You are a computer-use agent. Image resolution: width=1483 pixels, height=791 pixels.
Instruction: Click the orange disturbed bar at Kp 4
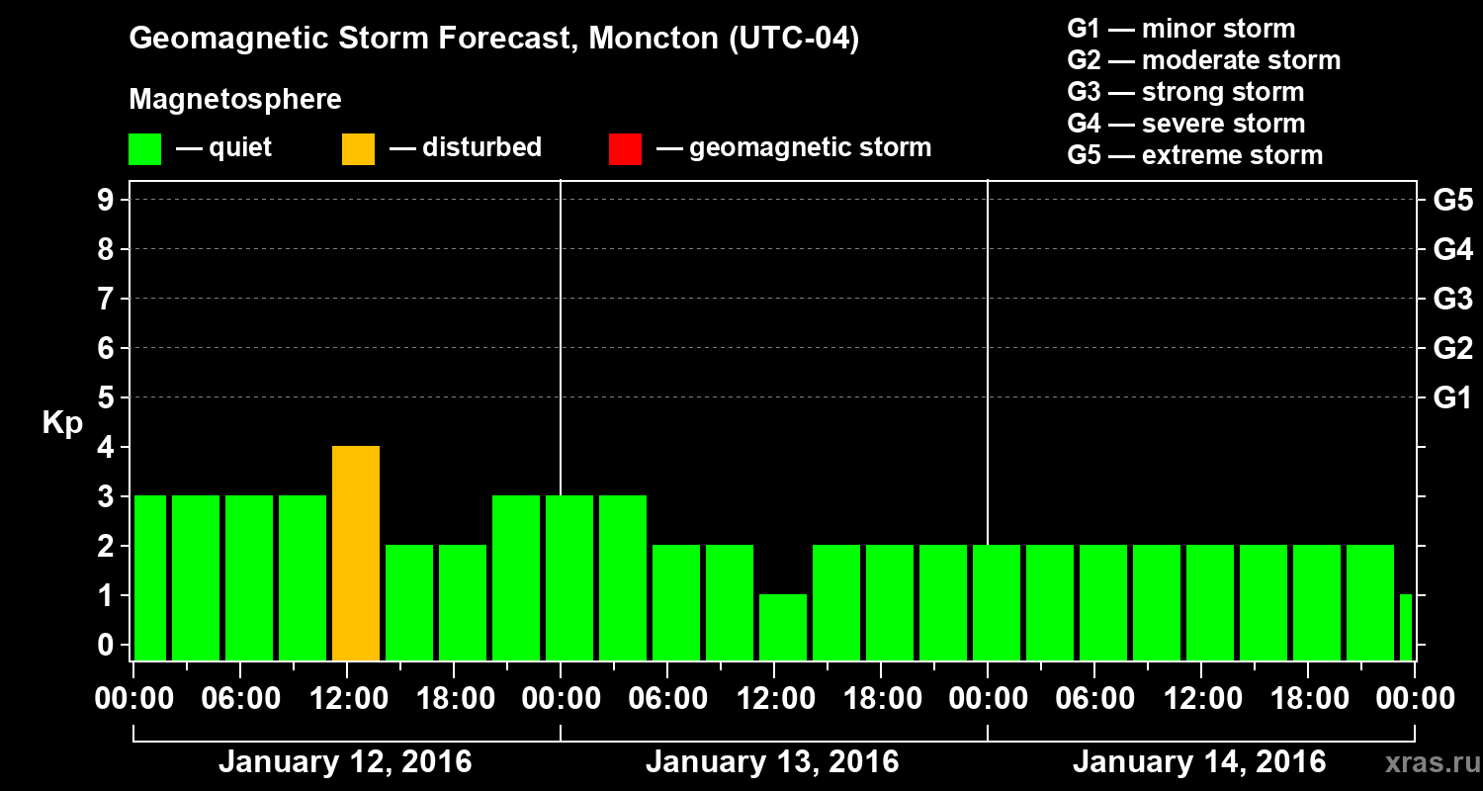click(356, 553)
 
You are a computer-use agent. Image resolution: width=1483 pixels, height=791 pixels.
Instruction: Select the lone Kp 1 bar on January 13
click(783, 627)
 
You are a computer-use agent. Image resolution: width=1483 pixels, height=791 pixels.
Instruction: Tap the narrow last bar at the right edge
click(1406, 627)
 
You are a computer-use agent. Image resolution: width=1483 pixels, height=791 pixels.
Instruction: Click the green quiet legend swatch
click(144, 148)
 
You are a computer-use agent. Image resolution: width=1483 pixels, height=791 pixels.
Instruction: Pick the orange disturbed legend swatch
click(358, 148)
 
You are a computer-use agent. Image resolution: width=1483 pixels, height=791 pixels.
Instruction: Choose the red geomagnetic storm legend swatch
click(625, 148)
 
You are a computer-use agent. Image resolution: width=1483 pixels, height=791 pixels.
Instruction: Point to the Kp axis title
click(62, 423)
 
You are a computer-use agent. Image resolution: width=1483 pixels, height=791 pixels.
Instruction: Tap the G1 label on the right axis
click(1452, 398)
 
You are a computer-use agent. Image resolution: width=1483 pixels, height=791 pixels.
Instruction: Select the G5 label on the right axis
click(1452, 201)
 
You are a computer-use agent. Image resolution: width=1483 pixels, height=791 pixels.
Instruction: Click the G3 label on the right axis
click(1452, 299)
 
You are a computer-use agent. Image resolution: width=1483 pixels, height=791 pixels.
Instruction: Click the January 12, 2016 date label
click(345, 762)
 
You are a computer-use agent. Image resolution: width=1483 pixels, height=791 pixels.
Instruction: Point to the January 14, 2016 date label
click(1199, 762)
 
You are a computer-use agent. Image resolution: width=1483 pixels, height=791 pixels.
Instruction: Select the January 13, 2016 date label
click(772, 762)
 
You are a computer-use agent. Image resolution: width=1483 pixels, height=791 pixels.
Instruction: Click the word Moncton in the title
click(639, 40)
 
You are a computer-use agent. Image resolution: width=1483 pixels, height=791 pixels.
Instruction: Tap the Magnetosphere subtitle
click(235, 100)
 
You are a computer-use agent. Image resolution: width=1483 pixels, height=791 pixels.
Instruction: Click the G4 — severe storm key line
click(1185, 124)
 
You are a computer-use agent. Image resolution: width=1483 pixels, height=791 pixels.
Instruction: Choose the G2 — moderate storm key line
click(1203, 60)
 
